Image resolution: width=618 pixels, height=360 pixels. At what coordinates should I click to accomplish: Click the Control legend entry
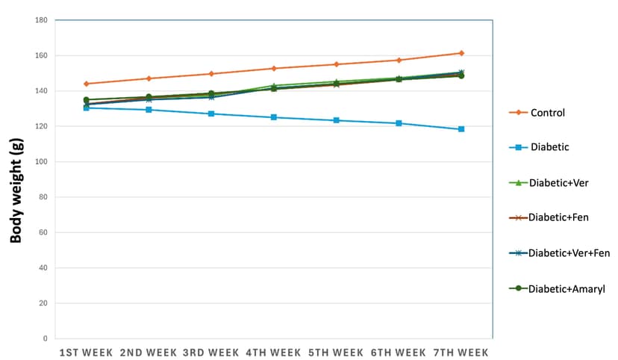547,113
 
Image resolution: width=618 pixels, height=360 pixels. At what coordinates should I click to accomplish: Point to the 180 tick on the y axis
42,19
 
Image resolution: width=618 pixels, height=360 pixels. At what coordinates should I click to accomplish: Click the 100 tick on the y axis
42,161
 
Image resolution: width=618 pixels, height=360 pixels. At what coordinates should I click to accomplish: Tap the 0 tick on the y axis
46,338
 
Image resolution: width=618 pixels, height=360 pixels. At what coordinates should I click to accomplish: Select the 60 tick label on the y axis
43,232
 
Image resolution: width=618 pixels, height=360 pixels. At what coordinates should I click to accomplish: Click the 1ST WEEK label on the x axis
86,353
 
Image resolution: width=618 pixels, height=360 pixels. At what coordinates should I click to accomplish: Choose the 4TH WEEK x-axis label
274,353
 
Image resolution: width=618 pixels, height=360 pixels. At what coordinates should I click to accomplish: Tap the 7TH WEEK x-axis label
461,353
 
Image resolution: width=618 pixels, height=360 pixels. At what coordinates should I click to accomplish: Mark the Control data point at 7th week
461,53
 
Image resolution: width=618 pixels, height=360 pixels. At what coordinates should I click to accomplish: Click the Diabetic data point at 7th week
461,129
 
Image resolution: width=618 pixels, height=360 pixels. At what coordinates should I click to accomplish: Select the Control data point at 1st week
86,84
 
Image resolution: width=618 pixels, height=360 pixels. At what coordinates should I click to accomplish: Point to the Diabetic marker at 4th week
274,117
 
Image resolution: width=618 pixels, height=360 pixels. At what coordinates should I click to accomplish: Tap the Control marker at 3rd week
211,74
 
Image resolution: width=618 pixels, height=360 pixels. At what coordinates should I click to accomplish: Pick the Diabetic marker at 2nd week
149,110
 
